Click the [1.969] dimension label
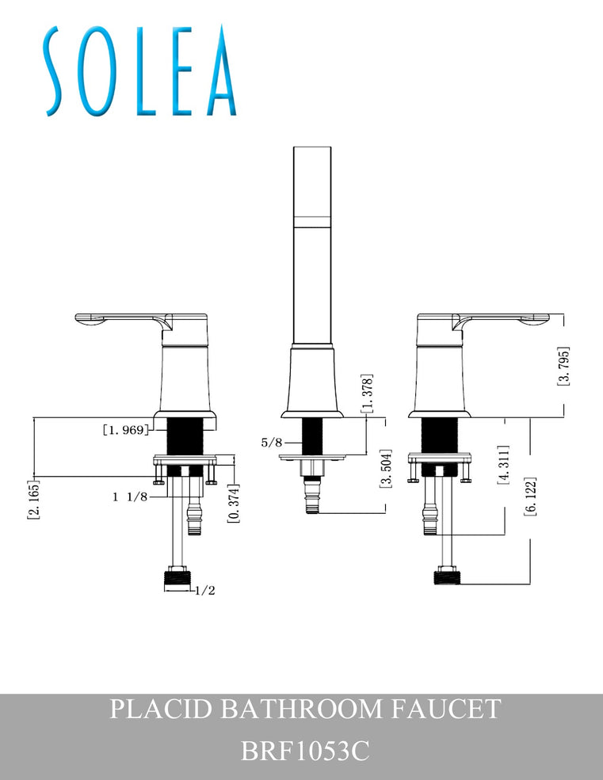[x=125, y=430]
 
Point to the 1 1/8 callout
[x=131, y=497]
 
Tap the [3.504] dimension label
[x=384, y=470]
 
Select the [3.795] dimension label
[x=563, y=366]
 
